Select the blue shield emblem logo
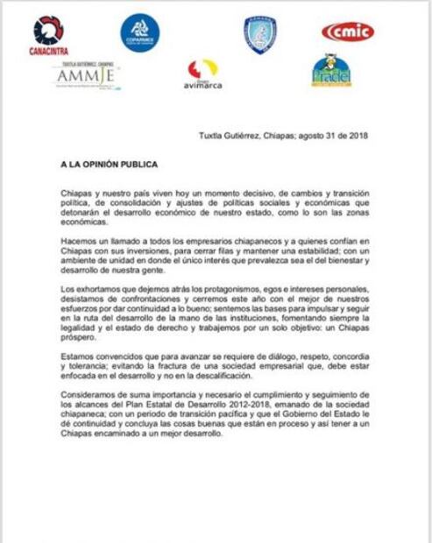coord(260,35)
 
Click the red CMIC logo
coord(347,33)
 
